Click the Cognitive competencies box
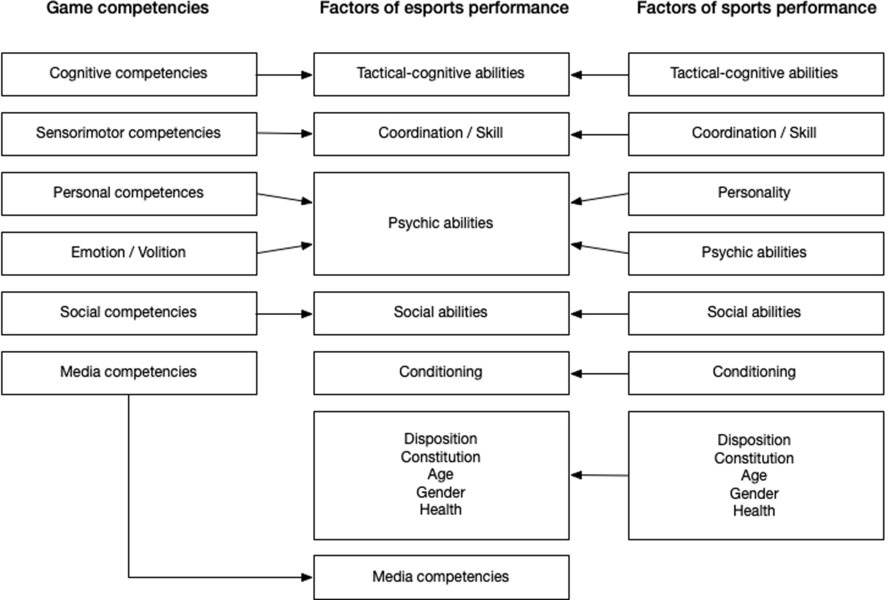pyautogui.click(x=128, y=74)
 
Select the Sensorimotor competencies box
pyautogui.click(x=128, y=134)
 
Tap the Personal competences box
pyautogui.click(x=128, y=193)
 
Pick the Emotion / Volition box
pyautogui.click(x=128, y=253)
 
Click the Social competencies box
pyautogui.click(x=128, y=313)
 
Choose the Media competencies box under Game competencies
pyautogui.click(x=128, y=372)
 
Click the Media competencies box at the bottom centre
pyautogui.click(x=441, y=577)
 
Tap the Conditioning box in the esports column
pyautogui.click(x=441, y=372)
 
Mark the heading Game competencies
pyautogui.click(x=127, y=8)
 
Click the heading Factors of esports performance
pyautogui.click(x=443, y=8)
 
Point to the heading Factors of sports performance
pyautogui.click(x=756, y=8)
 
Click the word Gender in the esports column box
pyautogui.click(x=441, y=492)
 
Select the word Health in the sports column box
pyautogui.click(x=754, y=511)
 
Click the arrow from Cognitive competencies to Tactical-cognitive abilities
pyautogui.click(x=284, y=75)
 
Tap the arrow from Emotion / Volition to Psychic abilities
pyautogui.click(x=284, y=249)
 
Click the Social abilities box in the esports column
pyautogui.click(x=441, y=313)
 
